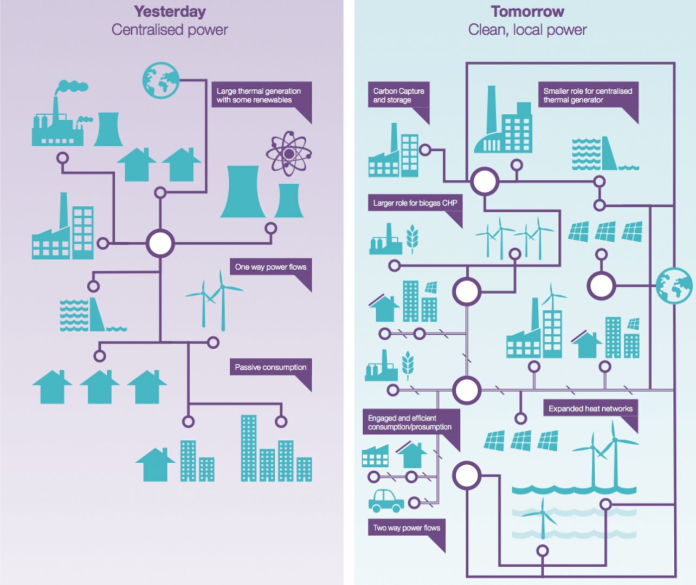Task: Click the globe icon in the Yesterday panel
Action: point(160,80)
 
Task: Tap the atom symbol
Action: point(288,154)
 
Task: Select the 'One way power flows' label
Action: point(270,267)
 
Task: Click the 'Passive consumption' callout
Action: point(270,367)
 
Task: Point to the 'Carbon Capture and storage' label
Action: point(398,95)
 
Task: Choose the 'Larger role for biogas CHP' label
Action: point(415,203)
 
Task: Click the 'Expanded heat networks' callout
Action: point(590,408)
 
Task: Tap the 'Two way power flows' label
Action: point(407,528)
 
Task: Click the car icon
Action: point(386,501)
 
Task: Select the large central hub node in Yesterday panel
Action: point(160,243)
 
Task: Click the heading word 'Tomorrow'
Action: point(527,11)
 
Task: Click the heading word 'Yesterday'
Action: point(170,11)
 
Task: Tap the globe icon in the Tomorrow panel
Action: point(674,285)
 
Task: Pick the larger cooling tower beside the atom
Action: point(242,192)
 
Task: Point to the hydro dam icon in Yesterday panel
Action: point(87,315)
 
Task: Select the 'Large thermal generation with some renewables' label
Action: point(259,95)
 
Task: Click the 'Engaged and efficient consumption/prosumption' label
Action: point(410,422)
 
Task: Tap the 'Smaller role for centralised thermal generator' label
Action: point(588,95)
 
